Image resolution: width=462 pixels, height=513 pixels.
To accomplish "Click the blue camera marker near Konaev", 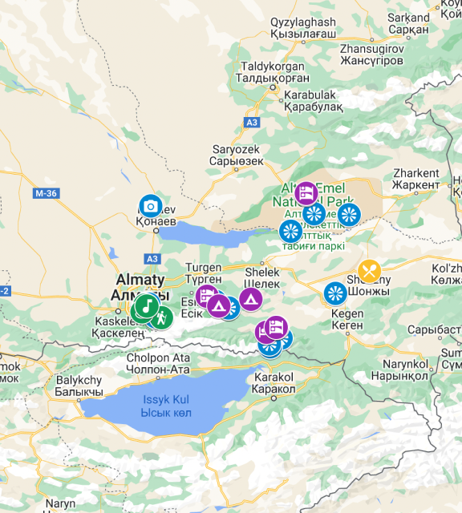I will tap(149, 205).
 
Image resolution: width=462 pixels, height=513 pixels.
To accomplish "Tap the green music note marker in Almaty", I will tap(145, 305).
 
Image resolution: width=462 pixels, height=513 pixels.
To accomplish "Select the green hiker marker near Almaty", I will tap(162, 317).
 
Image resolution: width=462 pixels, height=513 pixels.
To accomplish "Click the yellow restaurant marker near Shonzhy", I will tap(370, 270).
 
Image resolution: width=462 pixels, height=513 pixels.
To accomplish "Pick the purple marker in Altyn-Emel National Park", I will tap(306, 193).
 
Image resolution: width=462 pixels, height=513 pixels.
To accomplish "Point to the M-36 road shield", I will tap(46, 193).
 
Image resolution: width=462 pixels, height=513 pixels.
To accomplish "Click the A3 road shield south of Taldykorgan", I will tap(253, 122).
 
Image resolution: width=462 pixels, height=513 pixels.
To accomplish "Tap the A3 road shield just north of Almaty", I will tap(152, 259).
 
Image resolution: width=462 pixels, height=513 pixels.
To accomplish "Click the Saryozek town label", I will tap(237, 155).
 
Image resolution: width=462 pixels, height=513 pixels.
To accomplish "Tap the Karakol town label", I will tap(275, 382).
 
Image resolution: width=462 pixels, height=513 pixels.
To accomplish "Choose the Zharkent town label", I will tap(416, 178).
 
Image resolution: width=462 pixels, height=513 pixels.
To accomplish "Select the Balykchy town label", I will tap(79, 386).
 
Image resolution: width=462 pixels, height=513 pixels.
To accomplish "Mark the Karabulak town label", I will tap(308, 100).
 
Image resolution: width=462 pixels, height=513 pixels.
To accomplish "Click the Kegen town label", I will tap(346, 319).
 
